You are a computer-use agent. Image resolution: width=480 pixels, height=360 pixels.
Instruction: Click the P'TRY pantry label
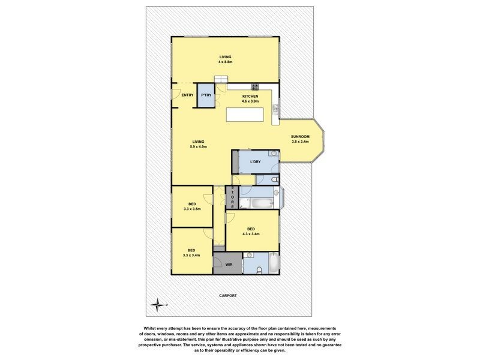click(206, 95)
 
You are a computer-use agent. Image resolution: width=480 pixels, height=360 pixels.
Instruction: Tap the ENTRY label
click(187, 95)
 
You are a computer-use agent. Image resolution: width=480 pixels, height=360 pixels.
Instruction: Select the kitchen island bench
click(247, 115)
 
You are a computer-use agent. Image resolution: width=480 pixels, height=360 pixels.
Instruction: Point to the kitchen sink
click(275, 109)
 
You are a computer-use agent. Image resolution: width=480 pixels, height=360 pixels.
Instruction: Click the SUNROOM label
click(300, 137)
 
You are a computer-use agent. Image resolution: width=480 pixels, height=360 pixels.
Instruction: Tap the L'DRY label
click(256, 161)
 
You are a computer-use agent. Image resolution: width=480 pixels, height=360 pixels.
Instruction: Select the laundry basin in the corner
click(272, 154)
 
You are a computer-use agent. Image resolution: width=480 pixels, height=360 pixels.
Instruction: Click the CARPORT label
click(227, 296)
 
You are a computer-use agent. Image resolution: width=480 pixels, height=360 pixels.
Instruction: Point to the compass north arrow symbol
click(158, 305)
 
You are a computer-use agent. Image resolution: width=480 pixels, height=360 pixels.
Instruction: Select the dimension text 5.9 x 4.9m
click(198, 146)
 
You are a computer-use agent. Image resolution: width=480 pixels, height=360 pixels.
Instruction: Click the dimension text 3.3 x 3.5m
click(191, 209)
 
